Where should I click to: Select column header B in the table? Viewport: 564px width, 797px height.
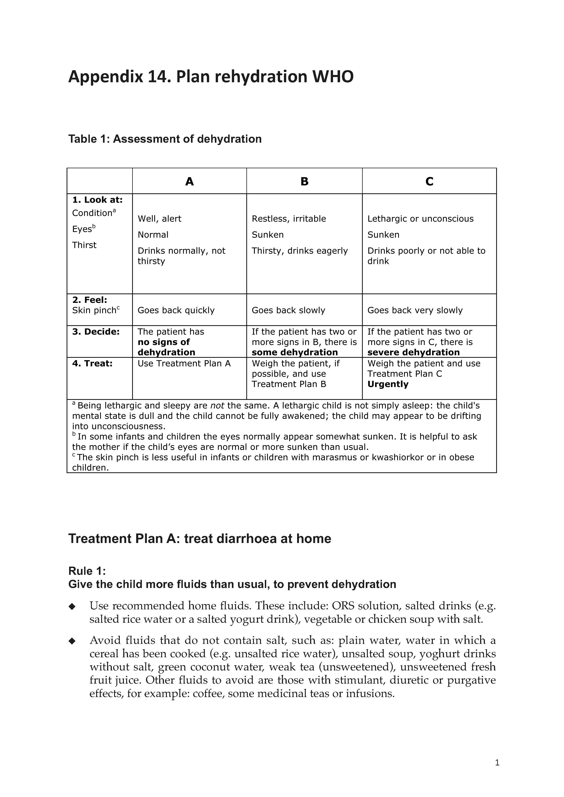click(x=304, y=182)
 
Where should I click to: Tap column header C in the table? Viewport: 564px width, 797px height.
click(x=429, y=182)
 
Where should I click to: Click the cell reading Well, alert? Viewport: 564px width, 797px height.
click(x=159, y=219)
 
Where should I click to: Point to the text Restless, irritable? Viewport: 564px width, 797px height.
click(x=289, y=219)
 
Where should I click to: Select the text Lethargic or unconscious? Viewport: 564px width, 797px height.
click(x=420, y=219)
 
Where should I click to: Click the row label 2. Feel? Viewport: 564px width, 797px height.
click(x=90, y=300)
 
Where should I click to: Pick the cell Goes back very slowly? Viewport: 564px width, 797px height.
click(x=415, y=310)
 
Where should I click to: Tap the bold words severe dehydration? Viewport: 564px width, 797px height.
click(x=413, y=352)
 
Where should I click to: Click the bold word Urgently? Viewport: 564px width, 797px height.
click(x=388, y=384)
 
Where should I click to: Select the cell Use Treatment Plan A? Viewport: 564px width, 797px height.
click(x=184, y=364)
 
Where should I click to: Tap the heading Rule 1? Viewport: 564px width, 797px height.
click(x=87, y=571)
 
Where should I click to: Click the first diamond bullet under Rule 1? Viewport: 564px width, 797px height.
click(x=72, y=606)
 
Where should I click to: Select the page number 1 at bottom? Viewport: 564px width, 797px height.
click(x=497, y=763)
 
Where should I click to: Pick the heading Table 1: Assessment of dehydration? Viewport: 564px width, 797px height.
click(x=165, y=139)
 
